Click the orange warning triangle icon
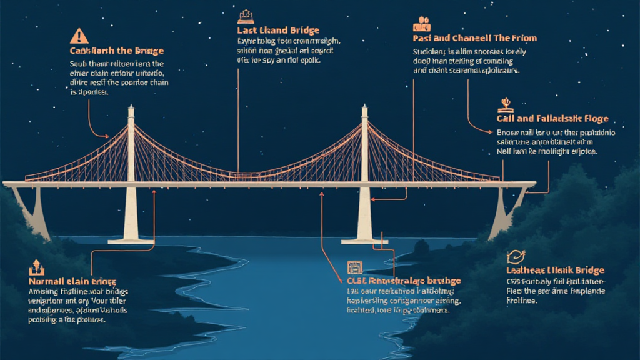pyautogui.click(x=79, y=36)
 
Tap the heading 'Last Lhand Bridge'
pyautogui.click(x=278, y=30)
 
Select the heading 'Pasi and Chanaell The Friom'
pyautogui.click(x=475, y=38)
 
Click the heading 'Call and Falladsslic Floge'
pyautogui.click(x=552, y=118)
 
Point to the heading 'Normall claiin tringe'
pyautogui.click(x=72, y=282)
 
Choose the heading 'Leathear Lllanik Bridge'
pyautogui.click(x=555, y=270)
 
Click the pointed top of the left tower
pyautogui.click(x=131, y=108)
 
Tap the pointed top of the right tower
pyautogui.click(x=365, y=107)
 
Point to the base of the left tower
pyautogui.click(x=131, y=236)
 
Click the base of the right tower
pyautogui.click(x=365, y=236)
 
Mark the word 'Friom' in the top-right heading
pyautogui.click(x=522, y=38)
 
